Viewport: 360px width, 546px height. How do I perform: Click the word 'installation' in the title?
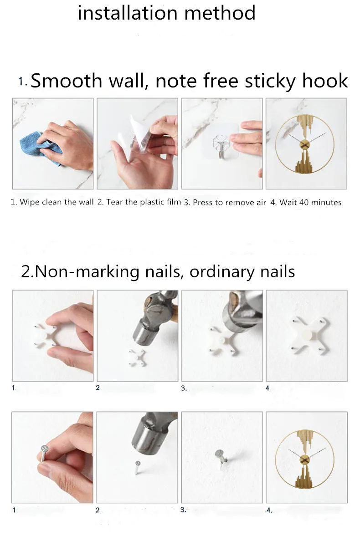[128, 13]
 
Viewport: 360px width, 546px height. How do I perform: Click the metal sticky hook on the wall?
[221, 146]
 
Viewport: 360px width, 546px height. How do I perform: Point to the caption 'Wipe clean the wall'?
[57, 202]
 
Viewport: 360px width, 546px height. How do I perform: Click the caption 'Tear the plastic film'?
[144, 202]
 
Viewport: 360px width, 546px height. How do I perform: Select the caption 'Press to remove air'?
[229, 202]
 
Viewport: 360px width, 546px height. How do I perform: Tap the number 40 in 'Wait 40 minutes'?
[304, 202]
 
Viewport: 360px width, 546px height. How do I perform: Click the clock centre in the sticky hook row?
[304, 144]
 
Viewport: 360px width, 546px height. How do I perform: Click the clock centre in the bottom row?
[304, 459]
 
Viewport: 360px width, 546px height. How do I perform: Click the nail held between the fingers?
[44, 453]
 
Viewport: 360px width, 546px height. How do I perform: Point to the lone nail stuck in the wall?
[221, 458]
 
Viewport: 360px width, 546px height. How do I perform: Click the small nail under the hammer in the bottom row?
[137, 467]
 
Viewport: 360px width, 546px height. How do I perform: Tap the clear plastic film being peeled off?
[138, 134]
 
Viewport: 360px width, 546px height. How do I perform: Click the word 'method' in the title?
[220, 13]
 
